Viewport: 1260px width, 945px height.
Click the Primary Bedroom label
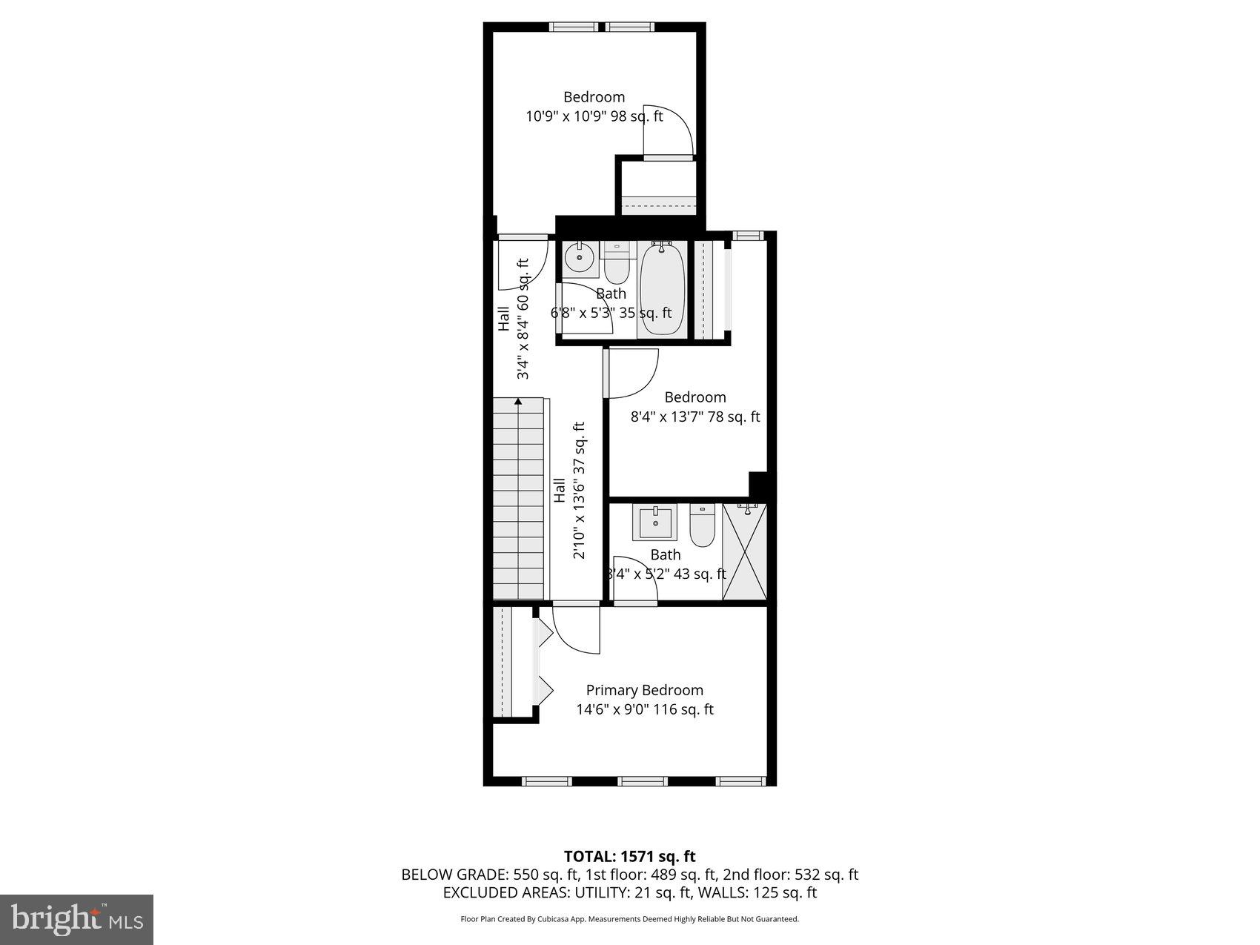(x=644, y=690)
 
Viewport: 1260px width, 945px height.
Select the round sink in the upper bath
(x=578, y=259)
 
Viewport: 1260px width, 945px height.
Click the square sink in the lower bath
(x=654, y=523)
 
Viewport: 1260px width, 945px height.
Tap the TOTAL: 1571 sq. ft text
(x=629, y=858)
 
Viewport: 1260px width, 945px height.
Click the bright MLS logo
(x=77, y=920)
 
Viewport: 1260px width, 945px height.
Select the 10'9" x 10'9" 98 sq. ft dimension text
(x=594, y=116)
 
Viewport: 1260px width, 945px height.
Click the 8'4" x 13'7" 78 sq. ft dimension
(x=695, y=417)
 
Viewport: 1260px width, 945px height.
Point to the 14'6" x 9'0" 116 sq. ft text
(x=645, y=709)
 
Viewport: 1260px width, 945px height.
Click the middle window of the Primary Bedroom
(x=643, y=780)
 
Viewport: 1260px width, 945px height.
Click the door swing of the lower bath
(x=634, y=580)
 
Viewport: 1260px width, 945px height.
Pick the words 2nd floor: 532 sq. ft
(x=790, y=875)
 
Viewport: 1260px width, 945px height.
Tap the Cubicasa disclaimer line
(x=629, y=919)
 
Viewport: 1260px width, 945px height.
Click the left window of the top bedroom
(x=574, y=27)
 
